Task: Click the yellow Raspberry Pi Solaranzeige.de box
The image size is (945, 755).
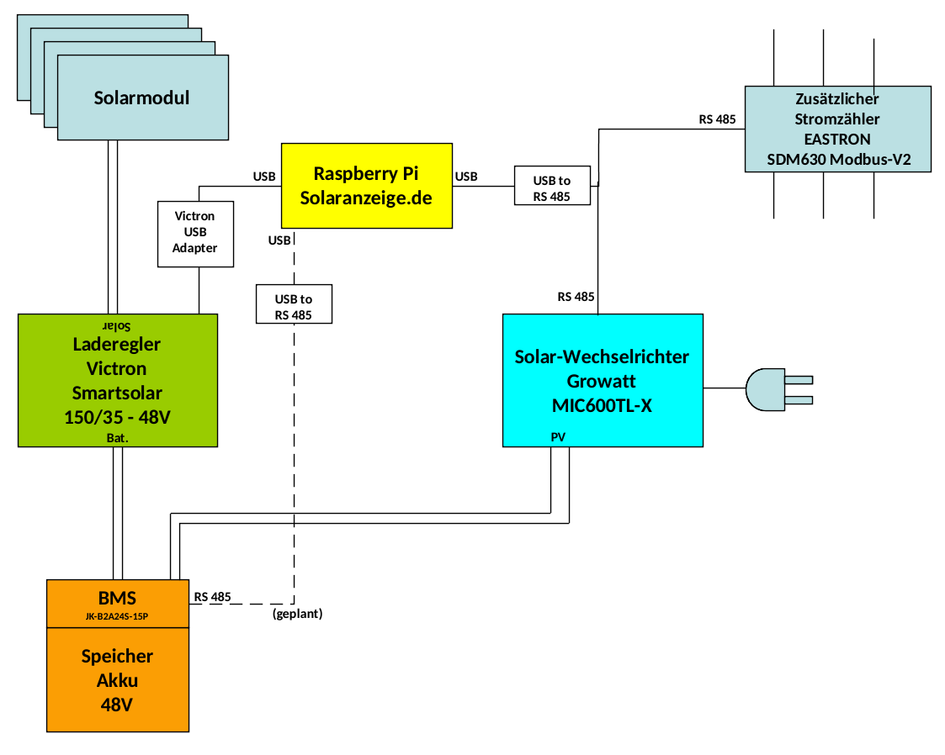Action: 366,186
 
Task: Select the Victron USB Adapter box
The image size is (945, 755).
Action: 195,233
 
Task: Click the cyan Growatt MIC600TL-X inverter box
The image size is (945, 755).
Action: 602,380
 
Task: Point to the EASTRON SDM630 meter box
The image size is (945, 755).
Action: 837,129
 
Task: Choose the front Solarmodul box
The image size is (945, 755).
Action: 142,98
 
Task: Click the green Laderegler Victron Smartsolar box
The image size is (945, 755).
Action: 117,380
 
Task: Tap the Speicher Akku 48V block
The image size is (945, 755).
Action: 117,680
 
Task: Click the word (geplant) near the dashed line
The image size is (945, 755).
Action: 298,615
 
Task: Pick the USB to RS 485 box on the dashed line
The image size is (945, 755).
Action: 294,305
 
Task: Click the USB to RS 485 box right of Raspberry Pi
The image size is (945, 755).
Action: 551,186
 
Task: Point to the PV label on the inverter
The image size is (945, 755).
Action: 559,437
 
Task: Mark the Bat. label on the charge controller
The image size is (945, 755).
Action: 117,438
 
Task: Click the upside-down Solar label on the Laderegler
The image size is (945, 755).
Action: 117,324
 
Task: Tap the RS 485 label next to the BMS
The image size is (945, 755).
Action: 212,597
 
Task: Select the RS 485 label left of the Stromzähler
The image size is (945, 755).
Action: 717,119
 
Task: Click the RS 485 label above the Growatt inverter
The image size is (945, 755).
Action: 576,297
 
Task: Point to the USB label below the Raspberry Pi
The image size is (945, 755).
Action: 279,240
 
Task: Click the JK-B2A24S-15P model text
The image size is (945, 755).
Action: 117,616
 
